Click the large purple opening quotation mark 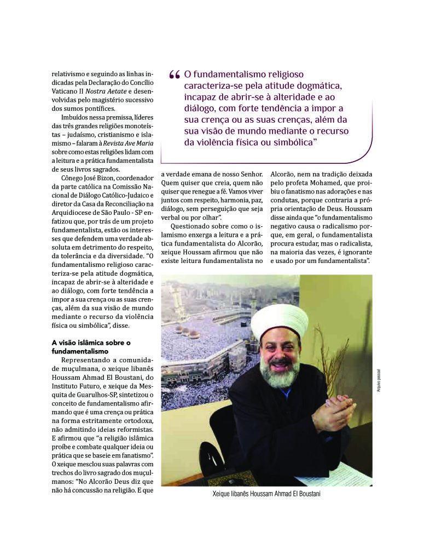[x=175, y=76]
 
